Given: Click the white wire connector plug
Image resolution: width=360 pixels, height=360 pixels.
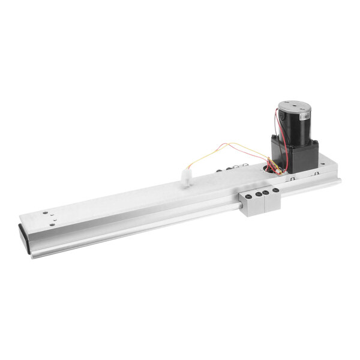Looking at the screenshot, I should click(185, 177).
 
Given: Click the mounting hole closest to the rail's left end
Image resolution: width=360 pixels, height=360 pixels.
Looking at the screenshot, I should click(43, 212).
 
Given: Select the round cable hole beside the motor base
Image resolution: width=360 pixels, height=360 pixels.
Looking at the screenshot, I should click(266, 170).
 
